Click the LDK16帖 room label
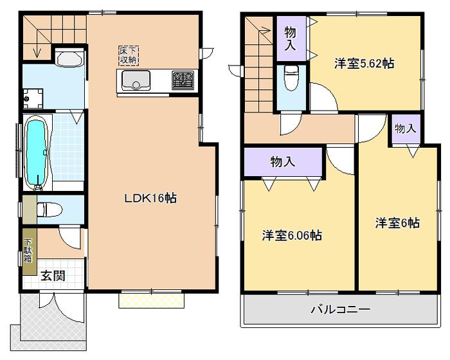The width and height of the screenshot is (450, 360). [150, 199]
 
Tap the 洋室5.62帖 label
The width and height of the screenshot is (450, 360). [364, 64]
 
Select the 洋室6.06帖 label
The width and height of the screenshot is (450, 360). [292, 236]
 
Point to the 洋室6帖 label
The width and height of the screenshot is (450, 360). [398, 223]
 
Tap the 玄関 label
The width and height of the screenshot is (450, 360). [53, 277]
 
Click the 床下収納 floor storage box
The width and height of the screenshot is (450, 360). [128, 55]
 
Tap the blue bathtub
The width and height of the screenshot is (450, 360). [36, 152]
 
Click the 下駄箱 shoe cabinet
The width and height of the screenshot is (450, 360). [29, 254]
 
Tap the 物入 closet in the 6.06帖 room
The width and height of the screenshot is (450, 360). [282, 162]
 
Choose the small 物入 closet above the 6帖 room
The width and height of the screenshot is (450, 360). [405, 129]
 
